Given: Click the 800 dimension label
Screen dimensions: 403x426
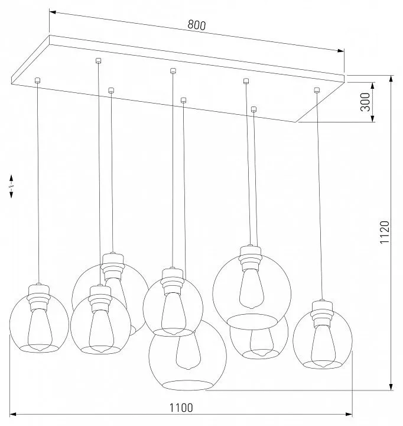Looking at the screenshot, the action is (197, 25).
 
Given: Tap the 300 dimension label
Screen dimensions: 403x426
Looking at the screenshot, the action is (366, 102).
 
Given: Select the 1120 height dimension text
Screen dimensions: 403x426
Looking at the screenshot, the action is (385, 232).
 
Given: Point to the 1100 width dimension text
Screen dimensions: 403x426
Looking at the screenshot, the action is (181, 408).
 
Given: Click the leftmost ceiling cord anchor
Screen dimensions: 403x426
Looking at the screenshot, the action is (37, 80).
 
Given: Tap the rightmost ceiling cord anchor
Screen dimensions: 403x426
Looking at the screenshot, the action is (316, 90).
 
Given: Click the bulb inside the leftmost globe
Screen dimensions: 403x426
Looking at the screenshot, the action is (40, 331).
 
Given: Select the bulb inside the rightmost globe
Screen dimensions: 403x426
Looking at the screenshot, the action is (323, 346).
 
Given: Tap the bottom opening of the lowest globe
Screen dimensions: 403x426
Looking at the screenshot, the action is (187, 385).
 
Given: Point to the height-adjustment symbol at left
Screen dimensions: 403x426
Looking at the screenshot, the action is (11, 186).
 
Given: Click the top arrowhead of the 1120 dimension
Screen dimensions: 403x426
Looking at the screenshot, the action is (391, 79).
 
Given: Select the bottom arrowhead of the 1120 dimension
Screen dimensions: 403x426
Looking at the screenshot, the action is (391, 387).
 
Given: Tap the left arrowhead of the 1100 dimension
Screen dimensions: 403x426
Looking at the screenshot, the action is (13, 415).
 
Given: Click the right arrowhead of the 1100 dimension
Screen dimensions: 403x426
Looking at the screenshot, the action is (349, 415).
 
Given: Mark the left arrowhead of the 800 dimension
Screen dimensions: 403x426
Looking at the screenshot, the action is (53, 12).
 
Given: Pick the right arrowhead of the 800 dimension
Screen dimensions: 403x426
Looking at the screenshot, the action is (340, 50).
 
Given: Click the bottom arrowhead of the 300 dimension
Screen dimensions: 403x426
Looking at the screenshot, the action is (373, 118).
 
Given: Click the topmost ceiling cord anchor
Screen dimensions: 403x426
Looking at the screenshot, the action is (99, 60).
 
